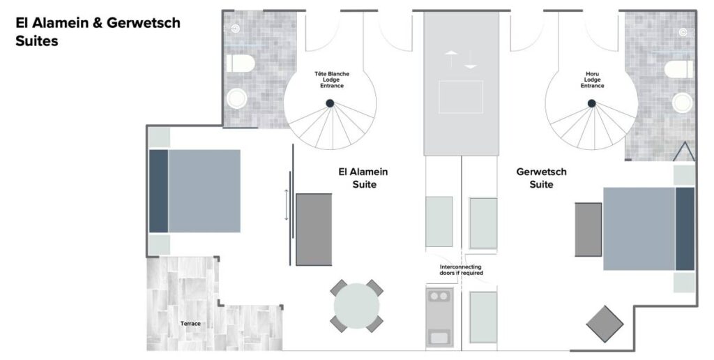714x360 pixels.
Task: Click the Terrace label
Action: (x=190, y=324)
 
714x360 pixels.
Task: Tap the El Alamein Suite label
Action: (x=363, y=178)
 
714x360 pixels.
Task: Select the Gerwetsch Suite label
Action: (x=541, y=178)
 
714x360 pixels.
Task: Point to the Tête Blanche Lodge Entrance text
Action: (x=332, y=80)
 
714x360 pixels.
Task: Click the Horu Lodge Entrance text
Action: (x=593, y=80)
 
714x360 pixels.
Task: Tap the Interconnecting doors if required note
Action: (x=462, y=270)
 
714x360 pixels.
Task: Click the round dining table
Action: (x=356, y=306)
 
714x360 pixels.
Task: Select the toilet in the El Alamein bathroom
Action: (x=241, y=63)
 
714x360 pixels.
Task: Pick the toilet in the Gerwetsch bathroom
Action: (x=678, y=69)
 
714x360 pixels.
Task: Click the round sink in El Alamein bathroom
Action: (x=237, y=98)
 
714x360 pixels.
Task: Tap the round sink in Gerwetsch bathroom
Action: (x=682, y=103)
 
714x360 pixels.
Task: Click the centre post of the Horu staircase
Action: (x=591, y=103)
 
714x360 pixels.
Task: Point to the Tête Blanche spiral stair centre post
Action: (x=330, y=103)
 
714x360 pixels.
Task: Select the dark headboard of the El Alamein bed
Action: (x=158, y=191)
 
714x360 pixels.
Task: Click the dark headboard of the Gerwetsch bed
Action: (x=685, y=229)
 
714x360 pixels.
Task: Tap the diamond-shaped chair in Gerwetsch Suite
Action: (x=605, y=324)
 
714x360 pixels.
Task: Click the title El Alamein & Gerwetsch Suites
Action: (x=98, y=31)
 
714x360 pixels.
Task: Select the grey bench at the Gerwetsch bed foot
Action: (x=588, y=230)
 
